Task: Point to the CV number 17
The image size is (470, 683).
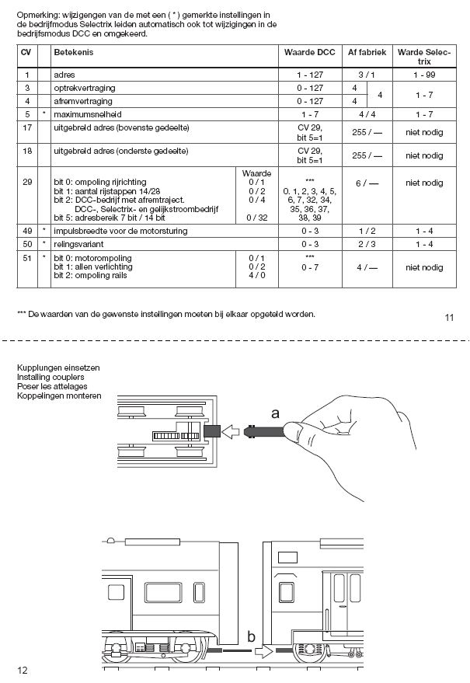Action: tap(27, 127)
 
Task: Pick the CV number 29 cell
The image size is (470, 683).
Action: tap(27, 183)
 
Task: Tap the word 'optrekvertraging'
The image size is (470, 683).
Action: tap(84, 88)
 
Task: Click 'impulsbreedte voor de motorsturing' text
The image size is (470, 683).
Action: tap(120, 231)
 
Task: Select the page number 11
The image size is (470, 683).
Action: tap(450, 316)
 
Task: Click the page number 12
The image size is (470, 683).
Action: tap(23, 670)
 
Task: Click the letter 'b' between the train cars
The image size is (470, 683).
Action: tap(252, 637)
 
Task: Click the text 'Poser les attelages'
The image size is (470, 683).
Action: tap(53, 386)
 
